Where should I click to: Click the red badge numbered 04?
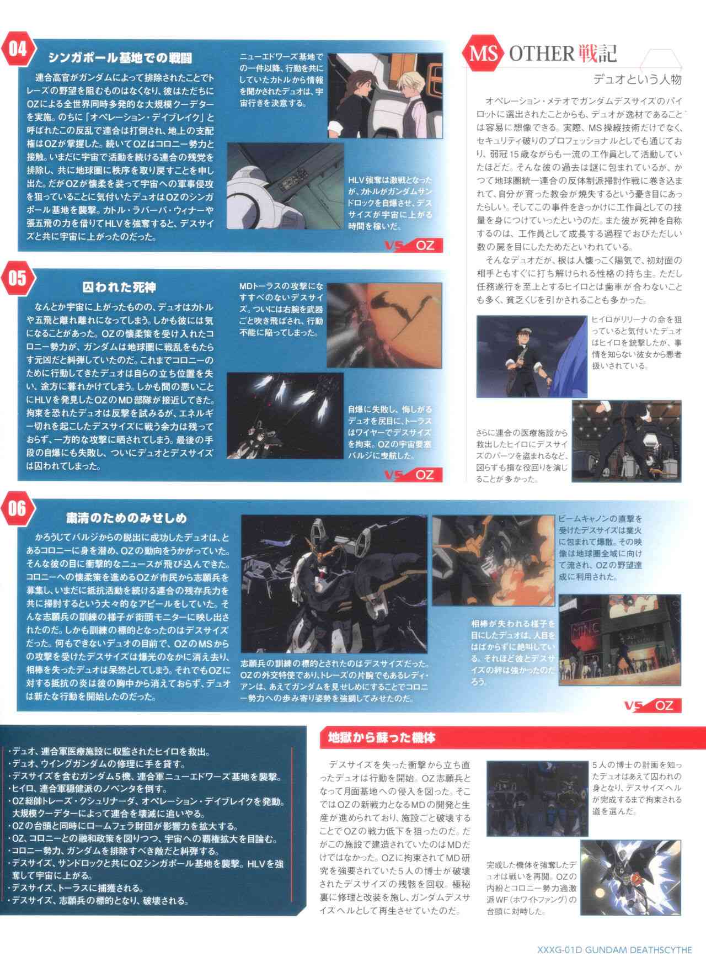pyautogui.click(x=18, y=50)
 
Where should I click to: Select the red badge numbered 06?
pyautogui.click(x=18, y=509)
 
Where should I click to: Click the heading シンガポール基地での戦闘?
pyautogui.click(x=120, y=58)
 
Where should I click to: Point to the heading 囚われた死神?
pyautogui.click(x=119, y=287)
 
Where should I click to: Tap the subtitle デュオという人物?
pyautogui.click(x=638, y=79)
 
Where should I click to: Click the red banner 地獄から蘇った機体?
pyautogui.click(x=382, y=737)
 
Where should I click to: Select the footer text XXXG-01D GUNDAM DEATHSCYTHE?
pyautogui.click(x=614, y=949)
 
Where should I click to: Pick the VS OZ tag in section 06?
pyautogui.click(x=652, y=705)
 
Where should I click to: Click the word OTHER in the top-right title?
pyautogui.click(x=542, y=54)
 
